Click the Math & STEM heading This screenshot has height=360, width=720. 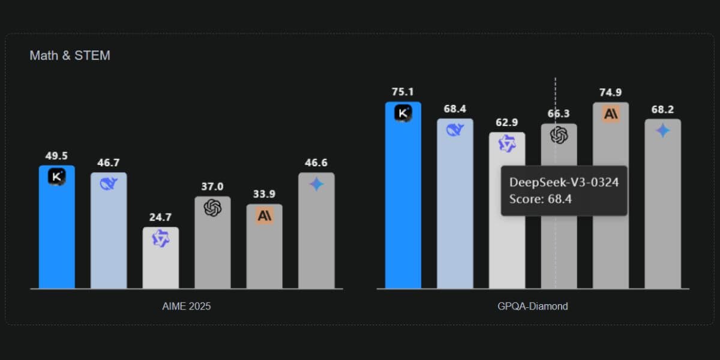(70, 56)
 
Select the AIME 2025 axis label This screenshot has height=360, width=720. (187, 306)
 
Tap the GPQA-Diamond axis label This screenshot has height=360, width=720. (533, 306)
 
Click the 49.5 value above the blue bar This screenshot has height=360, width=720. (56, 156)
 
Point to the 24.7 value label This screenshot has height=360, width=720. (160, 218)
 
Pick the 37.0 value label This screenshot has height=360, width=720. (212, 187)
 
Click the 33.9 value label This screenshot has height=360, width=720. (264, 194)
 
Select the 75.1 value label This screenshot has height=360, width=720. (403, 92)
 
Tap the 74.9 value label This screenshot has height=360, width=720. (610, 92)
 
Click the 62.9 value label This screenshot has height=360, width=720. (506, 123)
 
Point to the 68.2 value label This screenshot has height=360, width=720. (662, 109)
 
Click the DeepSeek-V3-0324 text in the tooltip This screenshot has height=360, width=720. (564, 182)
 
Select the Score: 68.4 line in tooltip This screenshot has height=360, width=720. (540, 199)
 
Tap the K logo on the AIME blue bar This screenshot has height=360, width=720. (56, 176)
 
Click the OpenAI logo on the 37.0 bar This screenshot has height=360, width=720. (212, 208)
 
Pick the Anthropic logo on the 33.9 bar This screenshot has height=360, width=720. (264, 215)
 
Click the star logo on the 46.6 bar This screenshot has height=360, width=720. (316, 184)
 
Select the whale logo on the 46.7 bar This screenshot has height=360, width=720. (109, 184)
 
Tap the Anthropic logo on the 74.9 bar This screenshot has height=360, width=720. (611, 114)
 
